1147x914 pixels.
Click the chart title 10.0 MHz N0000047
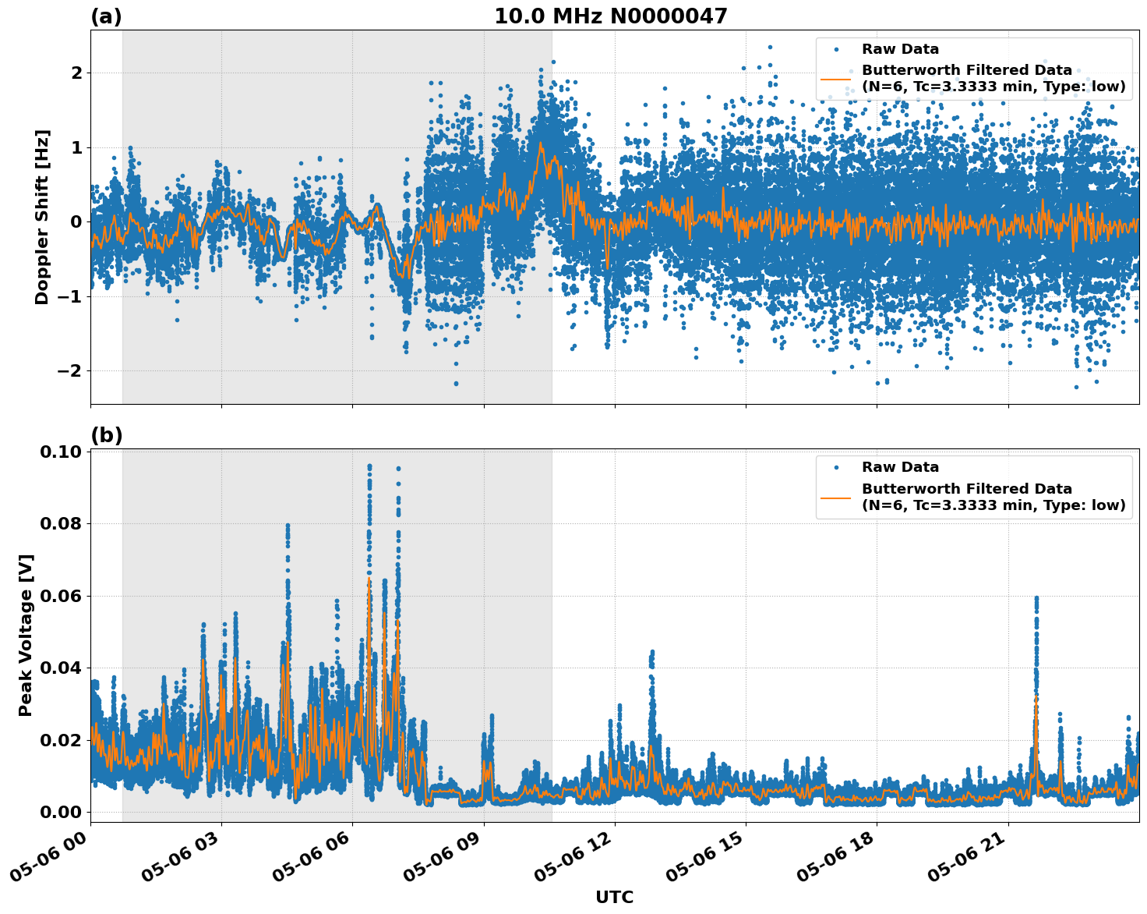tap(610, 16)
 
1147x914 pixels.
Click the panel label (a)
tap(106, 16)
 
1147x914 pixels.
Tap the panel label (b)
tap(106, 435)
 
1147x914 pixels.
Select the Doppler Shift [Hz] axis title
tap(42, 217)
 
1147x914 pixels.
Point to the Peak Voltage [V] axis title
tap(26, 636)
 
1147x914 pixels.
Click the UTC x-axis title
tap(614, 897)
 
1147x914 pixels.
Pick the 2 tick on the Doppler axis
tap(76, 73)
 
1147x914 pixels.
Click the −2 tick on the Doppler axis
tap(71, 370)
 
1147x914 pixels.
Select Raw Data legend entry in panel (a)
tap(900, 49)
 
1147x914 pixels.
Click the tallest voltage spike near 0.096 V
tap(369, 467)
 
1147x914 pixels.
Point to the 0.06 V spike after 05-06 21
tap(1036, 599)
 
